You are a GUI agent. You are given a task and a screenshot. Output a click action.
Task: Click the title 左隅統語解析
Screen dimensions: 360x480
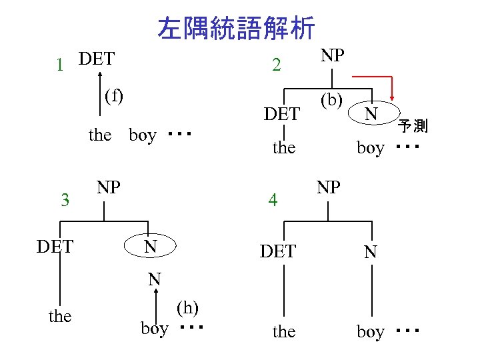coord(237,28)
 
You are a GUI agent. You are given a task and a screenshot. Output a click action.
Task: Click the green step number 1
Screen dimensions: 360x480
coord(60,65)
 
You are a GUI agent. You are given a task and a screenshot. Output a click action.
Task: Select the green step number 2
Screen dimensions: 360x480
coord(277,65)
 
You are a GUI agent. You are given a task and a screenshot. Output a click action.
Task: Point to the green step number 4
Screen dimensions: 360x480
coord(272,199)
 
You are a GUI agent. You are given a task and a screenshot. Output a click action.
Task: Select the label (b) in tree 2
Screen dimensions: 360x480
coord(331,101)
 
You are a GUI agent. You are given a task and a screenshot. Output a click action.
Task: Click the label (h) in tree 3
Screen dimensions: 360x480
coord(188,307)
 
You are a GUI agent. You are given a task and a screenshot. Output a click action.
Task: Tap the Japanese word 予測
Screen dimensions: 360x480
coord(413,125)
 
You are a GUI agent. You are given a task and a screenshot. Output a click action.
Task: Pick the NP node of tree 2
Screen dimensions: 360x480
coord(333,55)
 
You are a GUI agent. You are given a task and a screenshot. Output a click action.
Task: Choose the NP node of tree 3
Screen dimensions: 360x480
coord(109,186)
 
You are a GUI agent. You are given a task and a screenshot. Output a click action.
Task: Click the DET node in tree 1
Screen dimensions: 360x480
coord(96,59)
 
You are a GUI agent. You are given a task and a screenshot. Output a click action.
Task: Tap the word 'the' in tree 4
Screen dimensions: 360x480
coord(284,331)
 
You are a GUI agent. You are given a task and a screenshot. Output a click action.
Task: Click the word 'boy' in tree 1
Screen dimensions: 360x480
coord(142,135)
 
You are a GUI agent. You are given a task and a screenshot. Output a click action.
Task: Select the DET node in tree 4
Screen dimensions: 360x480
coord(278,251)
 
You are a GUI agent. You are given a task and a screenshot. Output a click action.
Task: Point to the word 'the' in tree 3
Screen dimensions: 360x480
coord(60,316)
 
